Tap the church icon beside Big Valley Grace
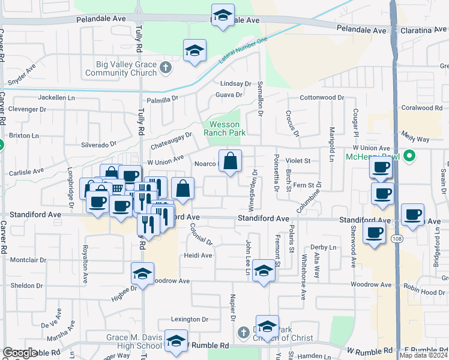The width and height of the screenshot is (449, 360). tap(166, 68)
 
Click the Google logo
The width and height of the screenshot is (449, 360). tap(20, 353)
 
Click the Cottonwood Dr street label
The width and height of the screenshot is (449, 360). tap(321, 97)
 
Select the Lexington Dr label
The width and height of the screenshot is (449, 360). tap(189, 320)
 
